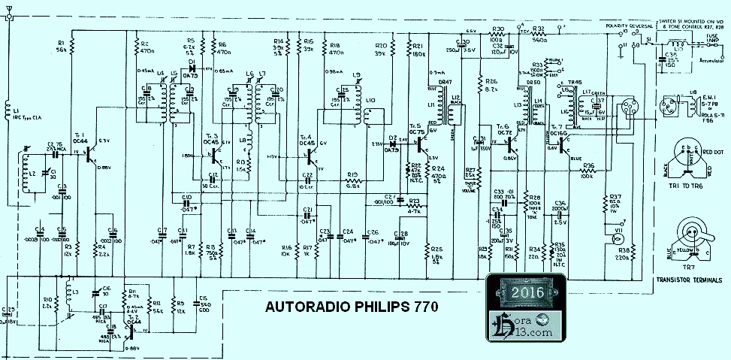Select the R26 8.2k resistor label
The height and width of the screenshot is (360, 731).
[x=491, y=85]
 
